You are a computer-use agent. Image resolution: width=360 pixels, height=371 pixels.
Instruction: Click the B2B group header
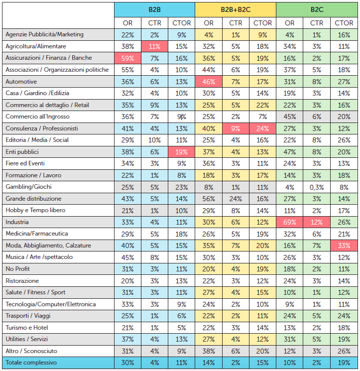click(x=154, y=9)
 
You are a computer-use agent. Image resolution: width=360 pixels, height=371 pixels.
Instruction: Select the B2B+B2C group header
click(x=236, y=9)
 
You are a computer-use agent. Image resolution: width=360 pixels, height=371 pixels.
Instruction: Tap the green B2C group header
click(x=317, y=9)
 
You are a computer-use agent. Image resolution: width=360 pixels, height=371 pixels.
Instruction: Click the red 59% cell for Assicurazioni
click(x=128, y=58)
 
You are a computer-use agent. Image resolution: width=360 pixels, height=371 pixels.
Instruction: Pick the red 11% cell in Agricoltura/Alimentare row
click(x=154, y=46)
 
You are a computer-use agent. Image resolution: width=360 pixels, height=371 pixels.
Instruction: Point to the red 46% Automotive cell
click(x=209, y=82)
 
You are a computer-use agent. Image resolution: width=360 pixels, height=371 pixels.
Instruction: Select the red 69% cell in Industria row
click(x=289, y=222)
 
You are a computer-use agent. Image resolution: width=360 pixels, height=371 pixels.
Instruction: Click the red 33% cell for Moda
click(x=344, y=246)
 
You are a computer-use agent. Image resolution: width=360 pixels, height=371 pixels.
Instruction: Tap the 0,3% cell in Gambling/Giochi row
click(x=317, y=187)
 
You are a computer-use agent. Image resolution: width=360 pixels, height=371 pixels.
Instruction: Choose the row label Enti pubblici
click(x=22, y=152)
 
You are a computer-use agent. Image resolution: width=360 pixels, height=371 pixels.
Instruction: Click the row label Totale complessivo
click(x=31, y=363)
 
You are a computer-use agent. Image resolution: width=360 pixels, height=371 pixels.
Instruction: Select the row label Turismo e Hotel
click(x=27, y=328)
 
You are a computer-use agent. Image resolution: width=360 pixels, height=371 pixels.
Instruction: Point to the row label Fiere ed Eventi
click(x=25, y=163)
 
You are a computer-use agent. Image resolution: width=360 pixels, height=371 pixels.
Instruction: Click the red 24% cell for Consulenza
click(x=262, y=128)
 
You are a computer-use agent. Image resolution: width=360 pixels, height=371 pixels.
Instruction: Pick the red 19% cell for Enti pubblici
click(x=181, y=152)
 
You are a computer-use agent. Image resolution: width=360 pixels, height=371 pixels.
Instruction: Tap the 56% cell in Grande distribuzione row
click(x=209, y=199)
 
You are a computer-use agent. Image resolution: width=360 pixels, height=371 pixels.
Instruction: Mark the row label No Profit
click(x=18, y=269)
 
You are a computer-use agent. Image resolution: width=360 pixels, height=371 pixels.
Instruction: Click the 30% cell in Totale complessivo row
click(x=128, y=363)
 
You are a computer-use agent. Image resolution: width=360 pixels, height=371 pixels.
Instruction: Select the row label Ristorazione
click(x=22, y=281)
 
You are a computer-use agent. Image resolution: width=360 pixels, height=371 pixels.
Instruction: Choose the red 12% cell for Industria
click(x=317, y=222)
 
